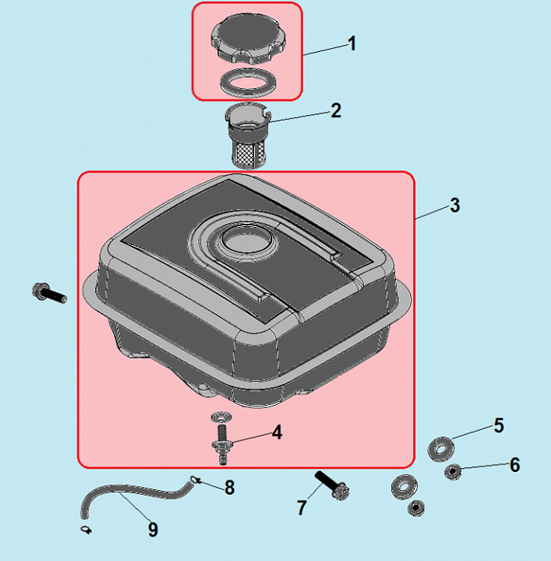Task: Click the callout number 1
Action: [x=352, y=43]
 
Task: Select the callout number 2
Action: [x=336, y=110]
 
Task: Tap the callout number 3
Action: [x=454, y=206]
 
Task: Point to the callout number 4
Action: [x=277, y=433]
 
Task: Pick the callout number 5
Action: [x=499, y=425]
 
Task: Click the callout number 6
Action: [x=515, y=465]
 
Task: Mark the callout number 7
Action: [x=302, y=507]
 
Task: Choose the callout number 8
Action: [x=229, y=487]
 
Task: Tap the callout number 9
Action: [x=153, y=529]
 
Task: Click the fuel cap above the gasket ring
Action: [x=248, y=38]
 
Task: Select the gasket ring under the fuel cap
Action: [x=248, y=82]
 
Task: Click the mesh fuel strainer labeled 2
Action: [x=248, y=135]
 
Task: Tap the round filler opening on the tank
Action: [x=247, y=238]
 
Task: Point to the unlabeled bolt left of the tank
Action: [x=50, y=293]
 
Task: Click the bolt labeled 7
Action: [x=332, y=485]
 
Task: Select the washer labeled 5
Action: [x=442, y=448]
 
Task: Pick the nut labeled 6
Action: [x=453, y=471]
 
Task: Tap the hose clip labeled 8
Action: [x=194, y=479]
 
